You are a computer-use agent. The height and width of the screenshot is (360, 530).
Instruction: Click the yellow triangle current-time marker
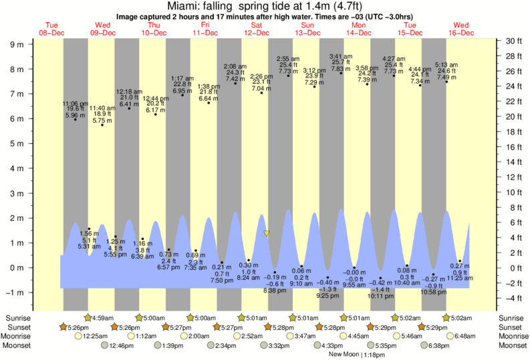[x=266, y=233]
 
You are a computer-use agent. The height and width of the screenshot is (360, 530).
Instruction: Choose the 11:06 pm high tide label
[x=75, y=104]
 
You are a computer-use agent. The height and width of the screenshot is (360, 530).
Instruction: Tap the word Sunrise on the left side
[x=19, y=318]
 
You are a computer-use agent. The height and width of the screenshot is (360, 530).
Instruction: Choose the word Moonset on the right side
[x=511, y=346]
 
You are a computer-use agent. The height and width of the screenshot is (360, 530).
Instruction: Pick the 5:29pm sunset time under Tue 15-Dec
[x=438, y=327]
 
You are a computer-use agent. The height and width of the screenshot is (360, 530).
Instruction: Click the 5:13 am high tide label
[x=446, y=64]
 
